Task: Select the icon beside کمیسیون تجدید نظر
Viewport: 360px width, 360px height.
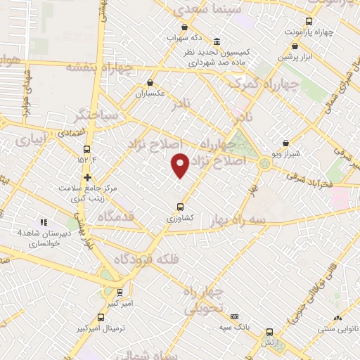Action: [x=217, y=41]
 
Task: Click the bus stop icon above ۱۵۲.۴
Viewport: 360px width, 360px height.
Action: [x=87, y=149]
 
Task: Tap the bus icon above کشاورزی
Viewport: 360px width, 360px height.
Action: [x=180, y=207]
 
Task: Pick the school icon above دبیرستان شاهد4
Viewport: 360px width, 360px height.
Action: [x=44, y=222]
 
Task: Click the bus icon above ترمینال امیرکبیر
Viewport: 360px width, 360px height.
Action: [x=101, y=317]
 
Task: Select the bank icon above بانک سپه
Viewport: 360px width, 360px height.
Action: [x=234, y=317]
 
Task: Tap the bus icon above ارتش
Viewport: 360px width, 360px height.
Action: [x=269, y=333]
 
